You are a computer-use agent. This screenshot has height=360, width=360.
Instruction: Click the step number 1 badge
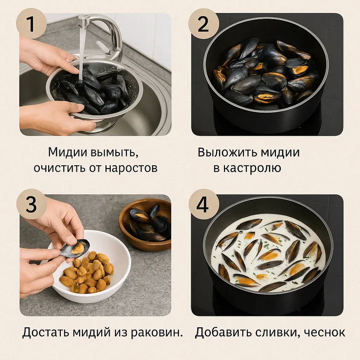(31, 24)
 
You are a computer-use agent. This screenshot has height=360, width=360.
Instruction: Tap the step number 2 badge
(204, 24)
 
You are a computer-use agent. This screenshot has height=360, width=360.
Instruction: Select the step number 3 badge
(31, 204)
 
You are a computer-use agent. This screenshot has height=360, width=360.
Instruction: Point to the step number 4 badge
(204, 204)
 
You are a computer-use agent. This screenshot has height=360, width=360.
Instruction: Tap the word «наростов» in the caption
(131, 168)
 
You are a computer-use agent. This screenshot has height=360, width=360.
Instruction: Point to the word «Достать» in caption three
(46, 332)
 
